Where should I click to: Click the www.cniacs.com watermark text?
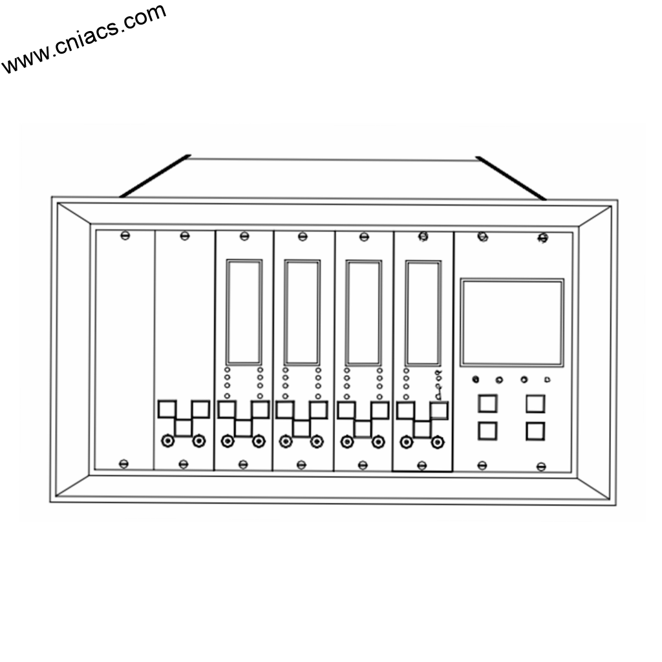83,39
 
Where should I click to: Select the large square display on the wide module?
511,323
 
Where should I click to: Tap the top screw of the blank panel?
125,235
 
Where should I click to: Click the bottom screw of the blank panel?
124,464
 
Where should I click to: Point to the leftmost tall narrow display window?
244,312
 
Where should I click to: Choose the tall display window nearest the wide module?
423,313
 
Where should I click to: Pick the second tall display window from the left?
302,312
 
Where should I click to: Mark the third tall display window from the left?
363,313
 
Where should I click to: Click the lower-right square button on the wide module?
535,431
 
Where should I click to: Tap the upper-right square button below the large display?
535,403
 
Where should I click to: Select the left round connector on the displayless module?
168,441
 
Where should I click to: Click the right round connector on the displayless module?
199,441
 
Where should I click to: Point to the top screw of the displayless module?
185,235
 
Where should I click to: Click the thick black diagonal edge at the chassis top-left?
155,175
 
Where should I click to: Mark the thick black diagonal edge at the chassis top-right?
511,178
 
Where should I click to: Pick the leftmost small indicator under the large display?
476,379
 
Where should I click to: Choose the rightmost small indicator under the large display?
547,379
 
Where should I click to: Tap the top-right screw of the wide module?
543,239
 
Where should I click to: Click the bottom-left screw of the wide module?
482,465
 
